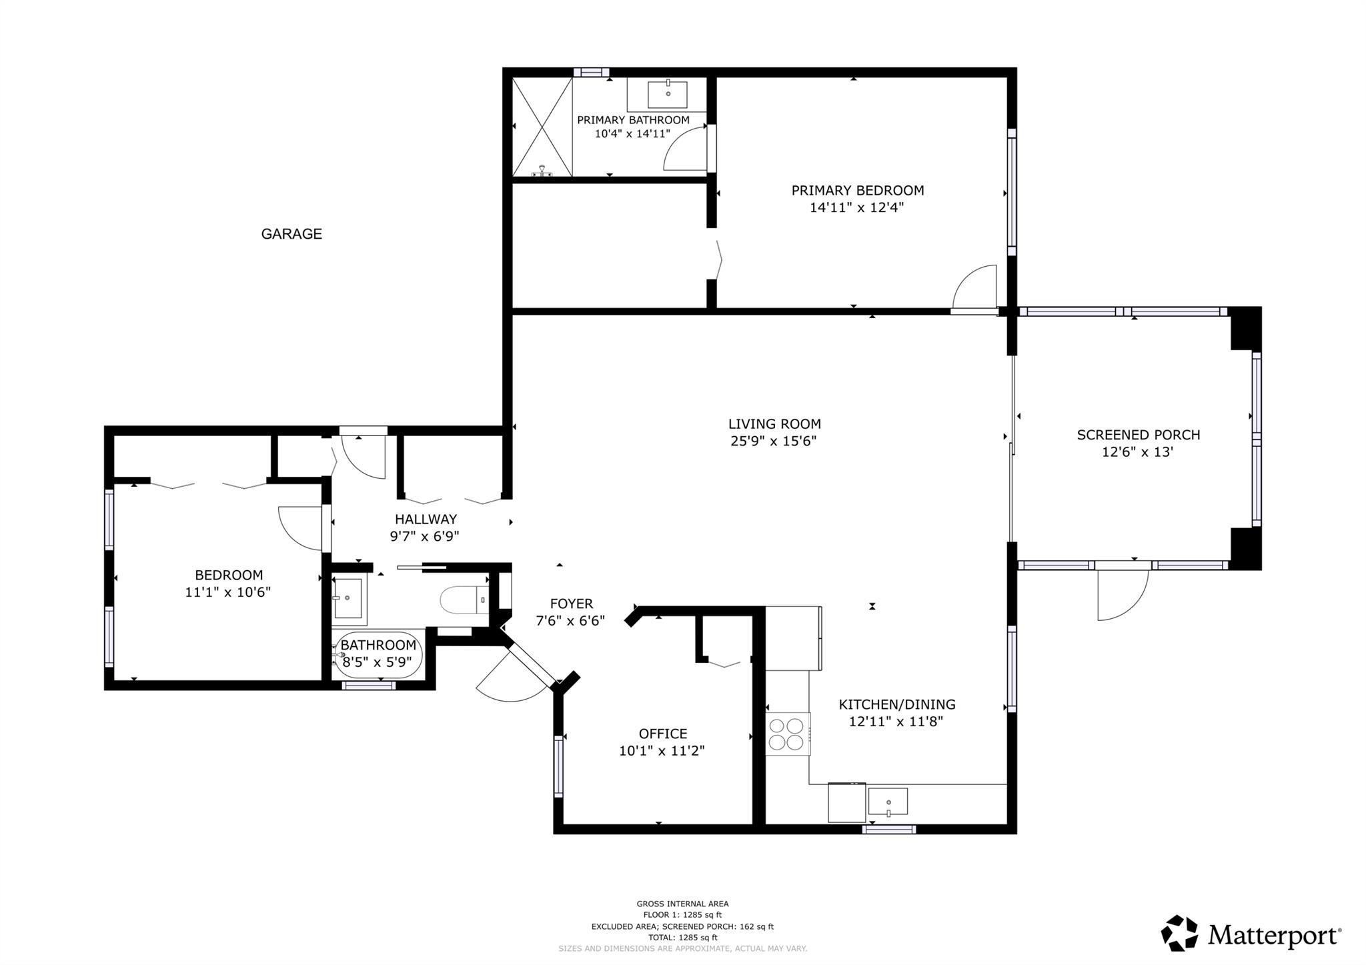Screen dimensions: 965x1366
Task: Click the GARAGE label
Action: [291, 233]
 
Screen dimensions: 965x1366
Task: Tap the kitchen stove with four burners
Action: [787, 734]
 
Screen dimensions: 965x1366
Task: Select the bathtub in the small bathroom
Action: [378, 655]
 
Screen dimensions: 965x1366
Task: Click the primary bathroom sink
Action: [668, 94]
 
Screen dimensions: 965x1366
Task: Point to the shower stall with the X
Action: [542, 127]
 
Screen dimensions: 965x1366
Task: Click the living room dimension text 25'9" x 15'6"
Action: [774, 441]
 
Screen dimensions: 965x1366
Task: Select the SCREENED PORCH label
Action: [1138, 435]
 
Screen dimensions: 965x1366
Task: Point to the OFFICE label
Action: [662, 734]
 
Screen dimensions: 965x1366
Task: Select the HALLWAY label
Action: [426, 519]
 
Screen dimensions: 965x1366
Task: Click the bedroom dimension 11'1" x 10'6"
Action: [227, 592]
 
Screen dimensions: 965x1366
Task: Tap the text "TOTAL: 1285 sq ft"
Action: [682, 937]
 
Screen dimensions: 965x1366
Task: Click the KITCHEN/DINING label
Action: [896, 704]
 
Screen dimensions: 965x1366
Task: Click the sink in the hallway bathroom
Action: [348, 598]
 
